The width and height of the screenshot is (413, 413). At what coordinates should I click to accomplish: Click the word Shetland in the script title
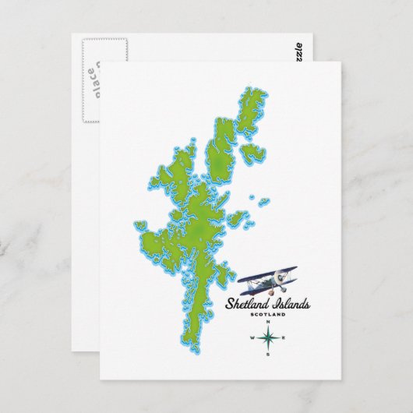pyautogui.click(x=245, y=304)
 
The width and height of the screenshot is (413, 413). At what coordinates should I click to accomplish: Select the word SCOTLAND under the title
pyautogui.click(x=267, y=314)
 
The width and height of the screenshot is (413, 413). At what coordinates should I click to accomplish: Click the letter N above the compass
pyautogui.click(x=267, y=322)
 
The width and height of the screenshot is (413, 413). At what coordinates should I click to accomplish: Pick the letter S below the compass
pyautogui.click(x=267, y=355)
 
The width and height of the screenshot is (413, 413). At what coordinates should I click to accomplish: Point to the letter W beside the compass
pyautogui.click(x=251, y=338)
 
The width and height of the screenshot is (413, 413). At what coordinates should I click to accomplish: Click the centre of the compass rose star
pyautogui.click(x=267, y=338)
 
